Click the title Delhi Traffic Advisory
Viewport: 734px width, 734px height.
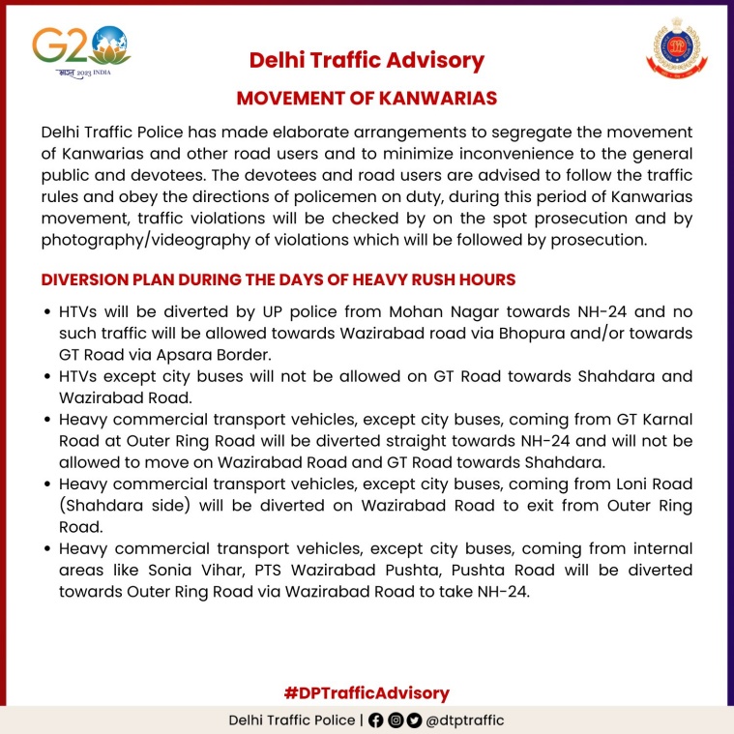(367, 60)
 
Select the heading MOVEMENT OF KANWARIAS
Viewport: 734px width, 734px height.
(367, 99)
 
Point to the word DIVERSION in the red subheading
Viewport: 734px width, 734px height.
(85, 279)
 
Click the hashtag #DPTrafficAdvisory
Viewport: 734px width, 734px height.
(367, 692)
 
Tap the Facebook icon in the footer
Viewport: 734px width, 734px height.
(377, 720)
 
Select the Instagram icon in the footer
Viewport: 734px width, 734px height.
(396, 720)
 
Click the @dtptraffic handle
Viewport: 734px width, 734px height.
(465, 720)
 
